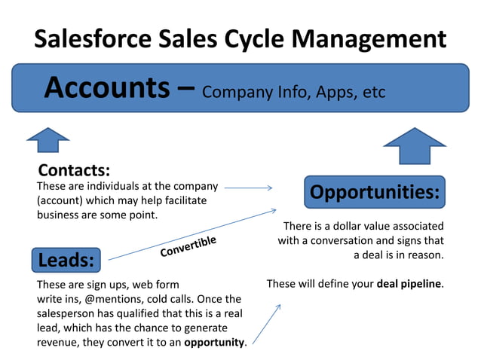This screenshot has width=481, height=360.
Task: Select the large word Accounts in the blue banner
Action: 107,87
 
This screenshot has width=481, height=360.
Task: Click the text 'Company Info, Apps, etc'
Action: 294,92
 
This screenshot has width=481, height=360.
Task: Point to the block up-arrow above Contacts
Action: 47,141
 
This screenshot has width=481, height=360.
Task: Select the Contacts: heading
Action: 74,169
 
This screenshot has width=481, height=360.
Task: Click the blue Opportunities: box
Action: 375,192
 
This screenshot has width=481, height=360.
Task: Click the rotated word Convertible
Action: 188,246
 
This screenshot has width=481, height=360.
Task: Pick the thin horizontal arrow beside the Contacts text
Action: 248,188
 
